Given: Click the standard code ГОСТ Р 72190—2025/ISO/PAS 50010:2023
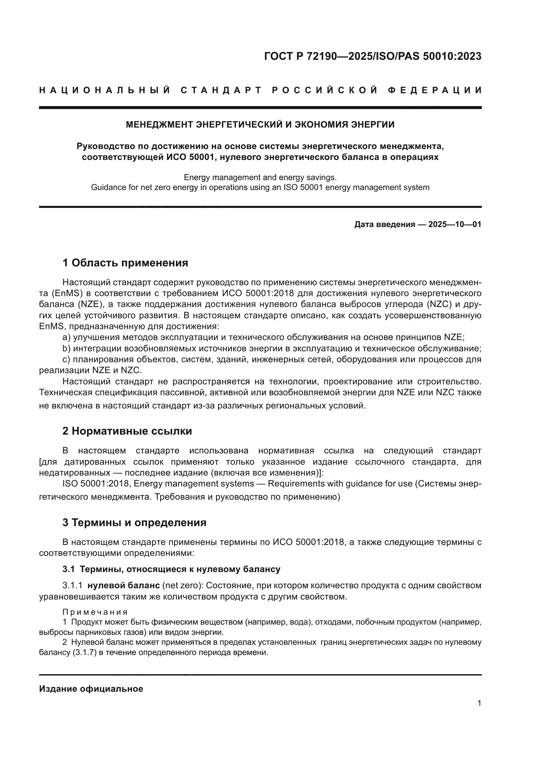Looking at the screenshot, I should point(372,56).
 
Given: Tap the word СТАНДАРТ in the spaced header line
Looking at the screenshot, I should point(221,90).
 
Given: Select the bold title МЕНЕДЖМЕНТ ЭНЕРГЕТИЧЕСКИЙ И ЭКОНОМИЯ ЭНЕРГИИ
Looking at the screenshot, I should point(260,125).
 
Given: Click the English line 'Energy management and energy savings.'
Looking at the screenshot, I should point(260,177).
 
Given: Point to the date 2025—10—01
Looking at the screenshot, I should point(455,224).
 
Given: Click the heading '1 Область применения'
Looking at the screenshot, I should point(125,263).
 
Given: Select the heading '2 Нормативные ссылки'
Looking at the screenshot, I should point(127,431).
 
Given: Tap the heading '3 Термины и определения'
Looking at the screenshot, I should point(134,523).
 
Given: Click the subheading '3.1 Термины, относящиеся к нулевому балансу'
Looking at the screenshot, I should point(171,569).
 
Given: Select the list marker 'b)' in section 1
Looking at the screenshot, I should point(66,348).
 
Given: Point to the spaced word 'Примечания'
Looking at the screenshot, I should point(95,612).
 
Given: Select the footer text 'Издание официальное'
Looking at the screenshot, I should point(91,689).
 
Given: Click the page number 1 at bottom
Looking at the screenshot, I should point(479,703).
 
